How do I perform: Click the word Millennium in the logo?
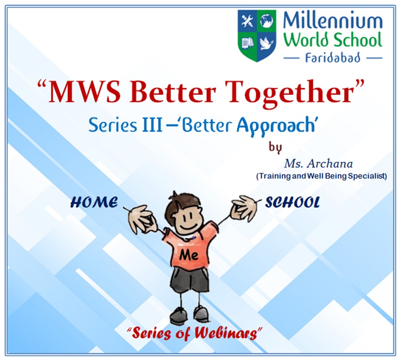click(332, 21)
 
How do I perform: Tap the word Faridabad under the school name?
click(333, 57)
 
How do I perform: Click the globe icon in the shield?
click(266, 21)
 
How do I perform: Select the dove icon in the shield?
click(266, 43)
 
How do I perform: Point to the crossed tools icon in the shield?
click(247, 21)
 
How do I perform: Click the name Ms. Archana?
click(318, 164)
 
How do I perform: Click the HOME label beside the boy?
click(94, 203)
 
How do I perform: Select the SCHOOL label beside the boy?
click(292, 203)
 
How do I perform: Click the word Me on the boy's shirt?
click(189, 255)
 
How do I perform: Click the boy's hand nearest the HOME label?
click(140, 218)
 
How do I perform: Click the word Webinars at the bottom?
click(226, 333)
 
